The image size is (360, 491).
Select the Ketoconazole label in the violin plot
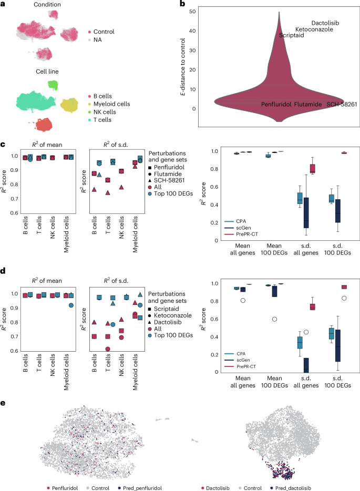click(314, 29)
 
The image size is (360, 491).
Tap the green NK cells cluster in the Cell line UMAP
click(53, 84)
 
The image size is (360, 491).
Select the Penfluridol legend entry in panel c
click(169, 163)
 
